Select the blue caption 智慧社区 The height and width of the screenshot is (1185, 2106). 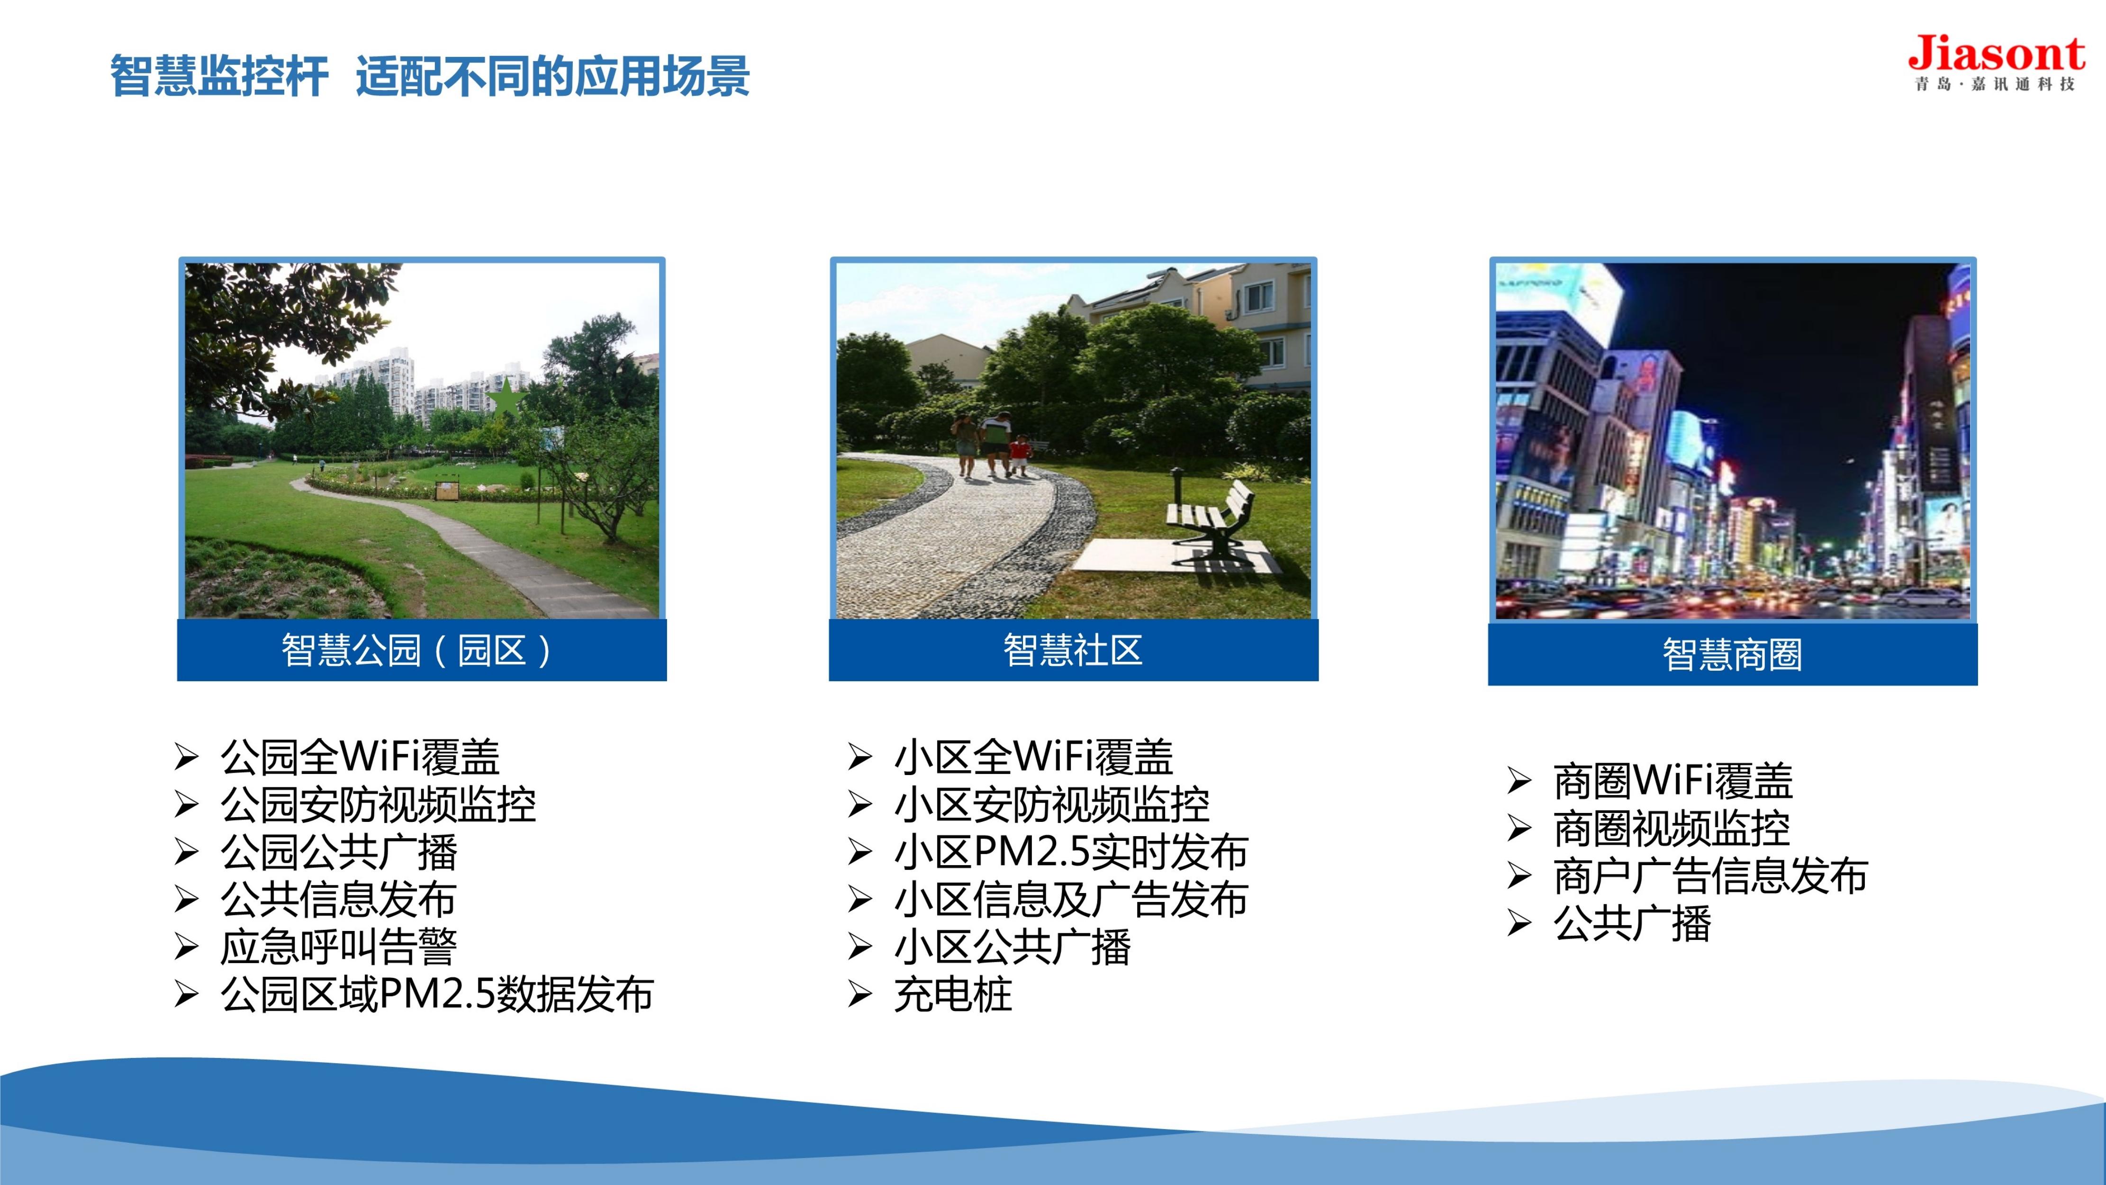pos(1073,650)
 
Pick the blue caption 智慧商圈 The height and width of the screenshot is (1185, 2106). pos(1732,654)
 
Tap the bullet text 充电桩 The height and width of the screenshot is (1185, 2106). pos(953,994)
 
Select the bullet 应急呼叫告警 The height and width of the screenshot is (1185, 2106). pos(338,947)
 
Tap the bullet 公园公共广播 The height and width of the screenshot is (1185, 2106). pos(338,852)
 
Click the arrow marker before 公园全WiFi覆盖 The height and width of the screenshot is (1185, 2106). pos(186,757)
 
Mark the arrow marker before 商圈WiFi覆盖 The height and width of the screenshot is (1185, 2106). pos(1519,781)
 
